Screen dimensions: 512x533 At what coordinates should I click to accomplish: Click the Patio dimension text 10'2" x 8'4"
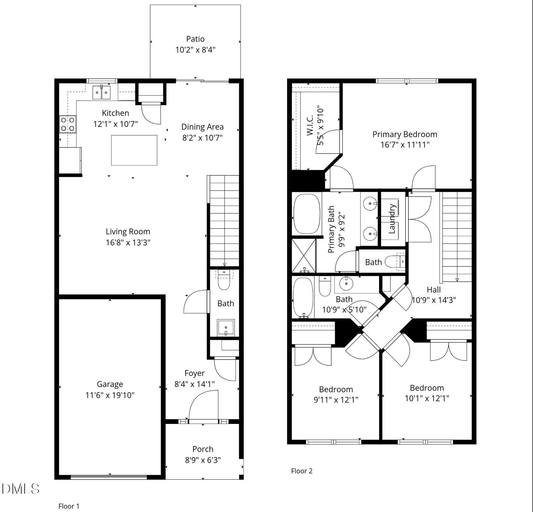point(195,50)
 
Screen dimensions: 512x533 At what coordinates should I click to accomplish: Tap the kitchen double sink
point(102,92)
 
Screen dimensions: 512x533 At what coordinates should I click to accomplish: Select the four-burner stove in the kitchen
point(68,124)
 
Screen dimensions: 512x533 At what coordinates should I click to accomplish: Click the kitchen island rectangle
point(134,150)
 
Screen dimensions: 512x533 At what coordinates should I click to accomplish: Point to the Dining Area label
point(202,127)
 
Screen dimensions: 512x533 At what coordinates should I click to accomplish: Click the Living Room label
point(128,232)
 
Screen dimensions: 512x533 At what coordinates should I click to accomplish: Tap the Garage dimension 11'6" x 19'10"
point(110,395)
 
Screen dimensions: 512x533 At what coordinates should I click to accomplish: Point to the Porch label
point(203,449)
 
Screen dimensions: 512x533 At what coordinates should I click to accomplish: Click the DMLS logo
point(20,489)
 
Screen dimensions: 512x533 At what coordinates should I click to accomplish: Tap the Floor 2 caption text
point(301,471)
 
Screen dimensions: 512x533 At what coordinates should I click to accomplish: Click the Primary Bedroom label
point(405,134)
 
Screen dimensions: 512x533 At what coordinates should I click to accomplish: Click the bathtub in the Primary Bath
point(307,214)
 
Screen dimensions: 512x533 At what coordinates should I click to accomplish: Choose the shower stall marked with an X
point(303,255)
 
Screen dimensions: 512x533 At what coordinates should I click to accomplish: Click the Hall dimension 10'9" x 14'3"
point(433,300)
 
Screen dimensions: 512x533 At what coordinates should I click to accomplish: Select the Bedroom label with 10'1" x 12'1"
point(427,388)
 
